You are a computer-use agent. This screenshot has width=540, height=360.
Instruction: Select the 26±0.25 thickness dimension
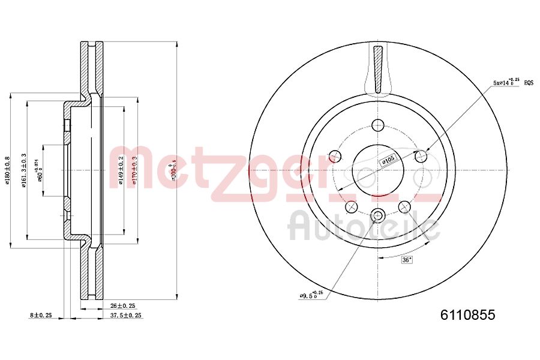click(x=123, y=305)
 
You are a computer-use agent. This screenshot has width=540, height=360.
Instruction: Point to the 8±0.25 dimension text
click(x=41, y=315)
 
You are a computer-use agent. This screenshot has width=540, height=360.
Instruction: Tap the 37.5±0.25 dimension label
click(x=125, y=315)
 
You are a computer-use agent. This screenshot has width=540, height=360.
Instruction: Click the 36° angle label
click(x=407, y=260)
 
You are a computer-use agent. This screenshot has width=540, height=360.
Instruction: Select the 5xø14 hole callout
click(x=505, y=82)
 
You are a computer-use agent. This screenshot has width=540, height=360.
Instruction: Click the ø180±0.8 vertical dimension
click(x=8, y=170)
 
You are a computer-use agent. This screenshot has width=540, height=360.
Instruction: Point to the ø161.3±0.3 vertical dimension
click(x=24, y=170)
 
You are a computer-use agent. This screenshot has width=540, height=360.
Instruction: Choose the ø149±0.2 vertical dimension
click(x=121, y=170)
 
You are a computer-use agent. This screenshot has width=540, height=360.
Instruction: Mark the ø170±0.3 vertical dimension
click(x=136, y=170)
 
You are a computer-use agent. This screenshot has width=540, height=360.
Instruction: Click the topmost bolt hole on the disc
click(x=377, y=125)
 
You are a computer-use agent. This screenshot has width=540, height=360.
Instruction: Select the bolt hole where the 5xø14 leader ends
click(x=421, y=157)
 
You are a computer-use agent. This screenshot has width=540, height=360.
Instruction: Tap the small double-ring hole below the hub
click(x=377, y=215)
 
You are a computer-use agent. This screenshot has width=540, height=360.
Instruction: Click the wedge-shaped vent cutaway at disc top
click(x=377, y=71)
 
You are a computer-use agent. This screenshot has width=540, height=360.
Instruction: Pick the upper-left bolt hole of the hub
click(x=334, y=157)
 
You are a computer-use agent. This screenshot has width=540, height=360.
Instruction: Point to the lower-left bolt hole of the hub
click(x=351, y=207)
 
